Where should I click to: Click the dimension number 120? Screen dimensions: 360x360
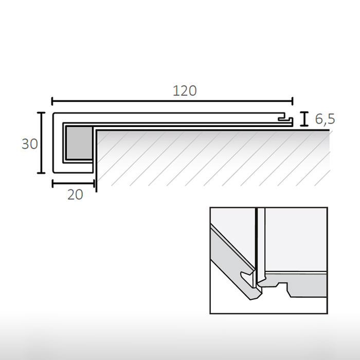tap(185, 91)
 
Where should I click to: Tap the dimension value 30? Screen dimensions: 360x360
tap(29, 144)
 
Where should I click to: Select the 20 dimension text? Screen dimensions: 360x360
tap(74, 194)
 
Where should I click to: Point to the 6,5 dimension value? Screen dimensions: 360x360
tap(325, 119)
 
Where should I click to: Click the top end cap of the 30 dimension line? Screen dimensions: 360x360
tap(42, 112)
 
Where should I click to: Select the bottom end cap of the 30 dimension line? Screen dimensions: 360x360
tap(42, 173)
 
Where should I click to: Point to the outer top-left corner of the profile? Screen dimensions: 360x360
tap(53, 113)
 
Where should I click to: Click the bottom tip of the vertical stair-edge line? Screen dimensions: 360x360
tap(96, 191)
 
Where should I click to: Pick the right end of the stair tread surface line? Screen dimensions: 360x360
tap(328, 130)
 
